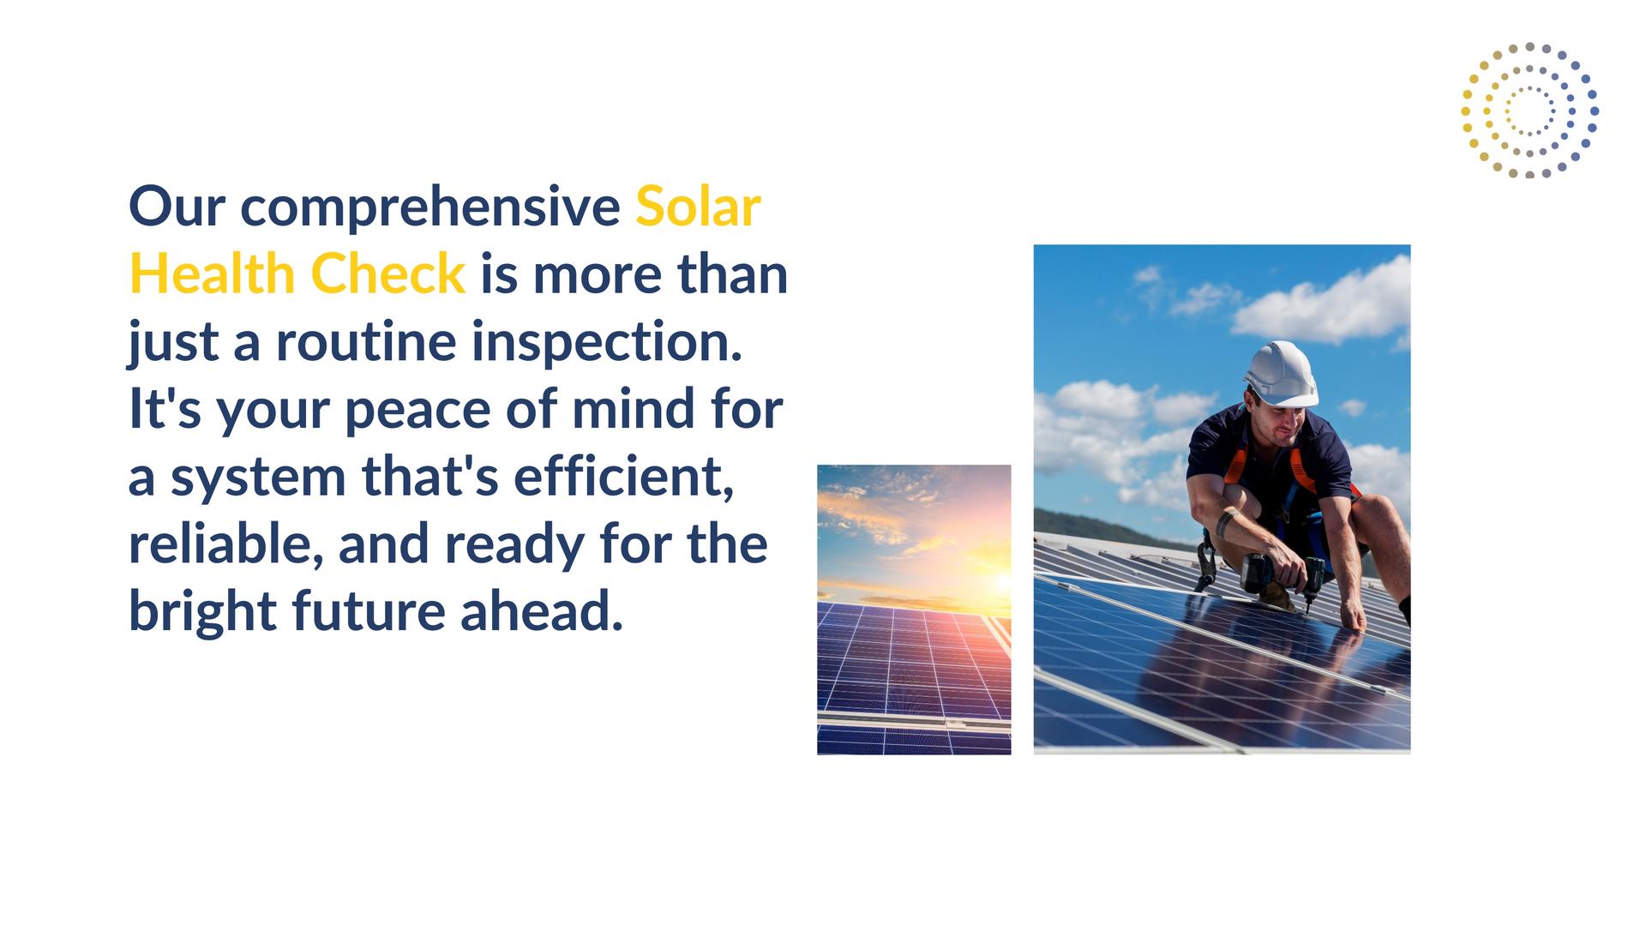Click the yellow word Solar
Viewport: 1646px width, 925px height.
point(698,207)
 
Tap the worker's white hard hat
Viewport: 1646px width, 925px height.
point(1282,374)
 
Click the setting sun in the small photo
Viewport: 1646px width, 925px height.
point(1000,581)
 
